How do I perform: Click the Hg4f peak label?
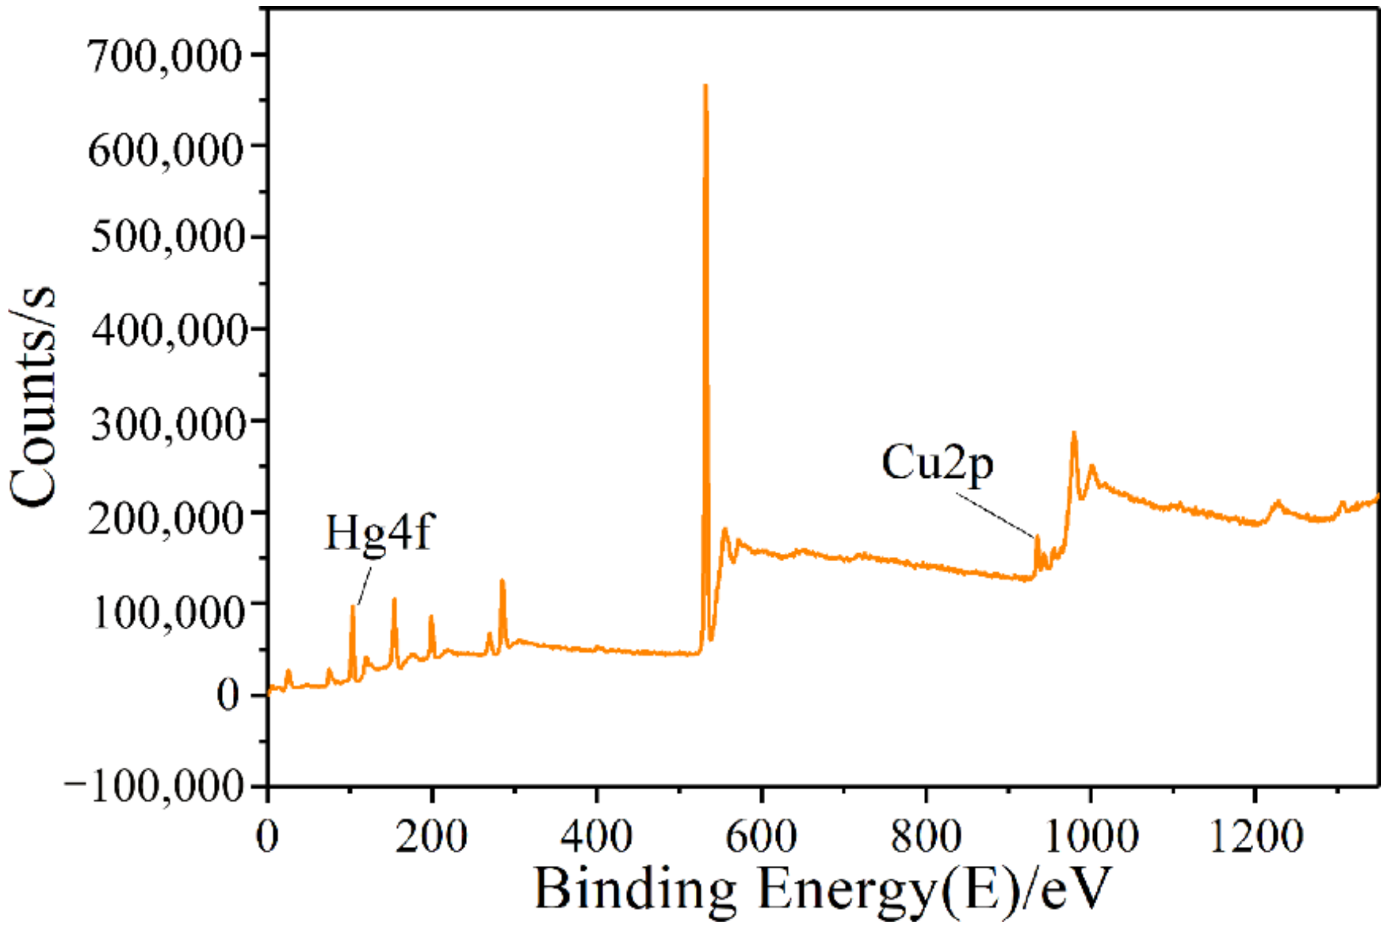pos(378,533)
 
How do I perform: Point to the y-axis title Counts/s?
pos(32,396)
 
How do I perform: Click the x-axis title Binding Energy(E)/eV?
pos(822,889)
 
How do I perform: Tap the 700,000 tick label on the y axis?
pos(164,57)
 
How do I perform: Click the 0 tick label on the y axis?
pos(227,695)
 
